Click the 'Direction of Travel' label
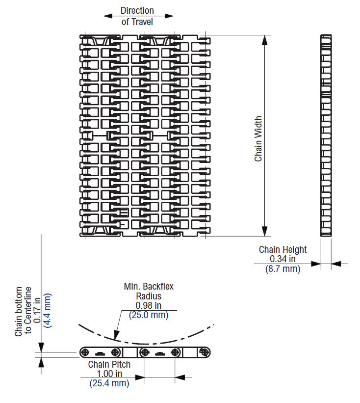click(137, 16)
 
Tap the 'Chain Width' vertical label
click(258, 139)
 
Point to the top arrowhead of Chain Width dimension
click(265, 39)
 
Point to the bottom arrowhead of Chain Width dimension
click(265, 232)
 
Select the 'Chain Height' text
click(283, 249)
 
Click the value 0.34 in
click(283, 259)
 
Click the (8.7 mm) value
click(283, 269)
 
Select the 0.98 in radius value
click(149, 305)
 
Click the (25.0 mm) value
click(149, 315)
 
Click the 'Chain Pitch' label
click(109, 364)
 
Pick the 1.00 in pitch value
click(109, 374)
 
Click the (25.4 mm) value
click(109, 383)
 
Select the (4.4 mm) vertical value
click(47, 310)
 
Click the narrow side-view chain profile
click(326, 135)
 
